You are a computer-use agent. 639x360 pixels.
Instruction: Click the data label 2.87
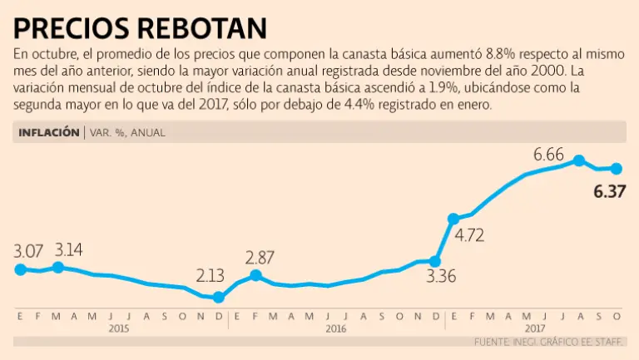pos(260,257)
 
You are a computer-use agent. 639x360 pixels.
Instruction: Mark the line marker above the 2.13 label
pos(219,297)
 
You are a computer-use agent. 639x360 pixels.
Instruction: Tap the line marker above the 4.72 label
pos(453,219)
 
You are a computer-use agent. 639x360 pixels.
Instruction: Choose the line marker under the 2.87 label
pos(255,275)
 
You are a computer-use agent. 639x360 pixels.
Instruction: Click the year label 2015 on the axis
pos(120,328)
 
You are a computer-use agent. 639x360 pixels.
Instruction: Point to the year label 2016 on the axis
pos(336,328)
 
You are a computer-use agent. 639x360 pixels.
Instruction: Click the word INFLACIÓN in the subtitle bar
pos(48,131)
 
